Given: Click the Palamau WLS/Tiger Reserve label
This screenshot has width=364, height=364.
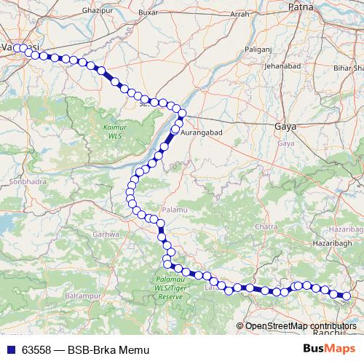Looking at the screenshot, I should tap(170, 289).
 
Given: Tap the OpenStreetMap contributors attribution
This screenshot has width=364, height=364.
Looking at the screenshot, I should tap(300, 326).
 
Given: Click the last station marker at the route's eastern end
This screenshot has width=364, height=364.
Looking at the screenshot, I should tap(347, 296).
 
